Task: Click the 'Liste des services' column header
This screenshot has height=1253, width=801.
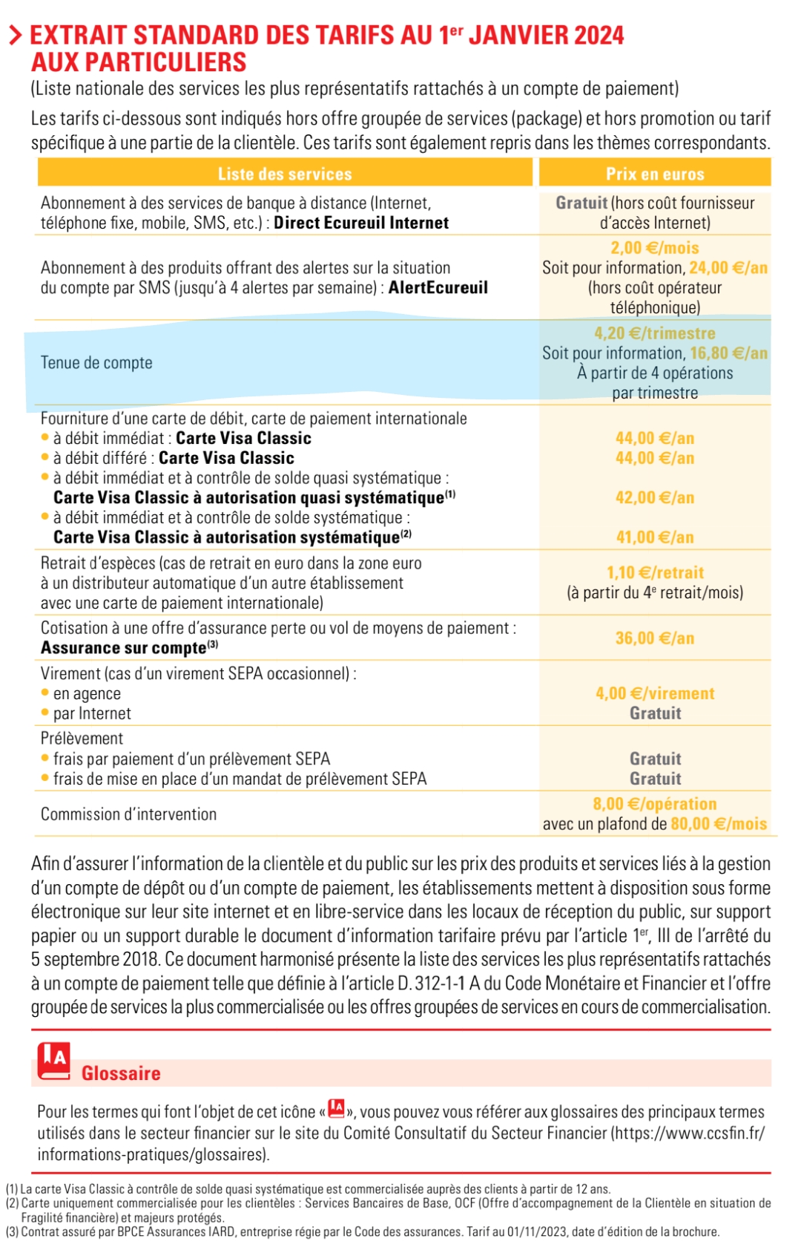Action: pyautogui.click(x=285, y=174)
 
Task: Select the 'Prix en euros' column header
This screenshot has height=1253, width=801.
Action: pyautogui.click(x=655, y=174)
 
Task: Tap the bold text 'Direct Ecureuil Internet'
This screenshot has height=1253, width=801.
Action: pyautogui.click(x=361, y=223)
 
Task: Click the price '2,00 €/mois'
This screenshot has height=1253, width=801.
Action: pyautogui.click(x=655, y=248)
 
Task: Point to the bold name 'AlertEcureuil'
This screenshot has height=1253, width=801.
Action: pyautogui.click(x=438, y=287)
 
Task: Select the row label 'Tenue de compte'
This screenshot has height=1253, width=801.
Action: pyautogui.click(x=96, y=363)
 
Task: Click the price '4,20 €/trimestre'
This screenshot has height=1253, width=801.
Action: pyautogui.click(x=655, y=333)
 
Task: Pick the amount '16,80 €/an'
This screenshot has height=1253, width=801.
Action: pyautogui.click(x=729, y=353)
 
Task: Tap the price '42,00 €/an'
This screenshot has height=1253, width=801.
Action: pyautogui.click(x=655, y=497)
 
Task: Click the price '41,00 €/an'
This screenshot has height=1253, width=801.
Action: pyautogui.click(x=655, y=537)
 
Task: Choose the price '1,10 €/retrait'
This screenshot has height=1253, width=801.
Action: pyautogui.click(x=655, y=572)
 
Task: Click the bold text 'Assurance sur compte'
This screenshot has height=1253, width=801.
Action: pyautogui.click(x=123, y=648)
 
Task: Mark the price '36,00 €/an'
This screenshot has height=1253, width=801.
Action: pyautogui.click(x=655, y=638)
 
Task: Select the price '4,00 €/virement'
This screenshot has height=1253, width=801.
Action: pyautogui.click(x=655, y=693)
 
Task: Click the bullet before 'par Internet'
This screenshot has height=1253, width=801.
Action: pyautogui.click(x=45, y=713)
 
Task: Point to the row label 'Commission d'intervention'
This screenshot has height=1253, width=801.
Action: pyautogui.click(x=128, y=814)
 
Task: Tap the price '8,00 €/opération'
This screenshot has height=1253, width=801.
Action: pyautogui.click(x=655, y=804)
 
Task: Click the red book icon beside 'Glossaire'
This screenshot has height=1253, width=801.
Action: pyautogui.click(x=54, y=1061)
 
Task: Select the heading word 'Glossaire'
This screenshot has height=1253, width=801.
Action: pyautogui.click(x=121, y=1073)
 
